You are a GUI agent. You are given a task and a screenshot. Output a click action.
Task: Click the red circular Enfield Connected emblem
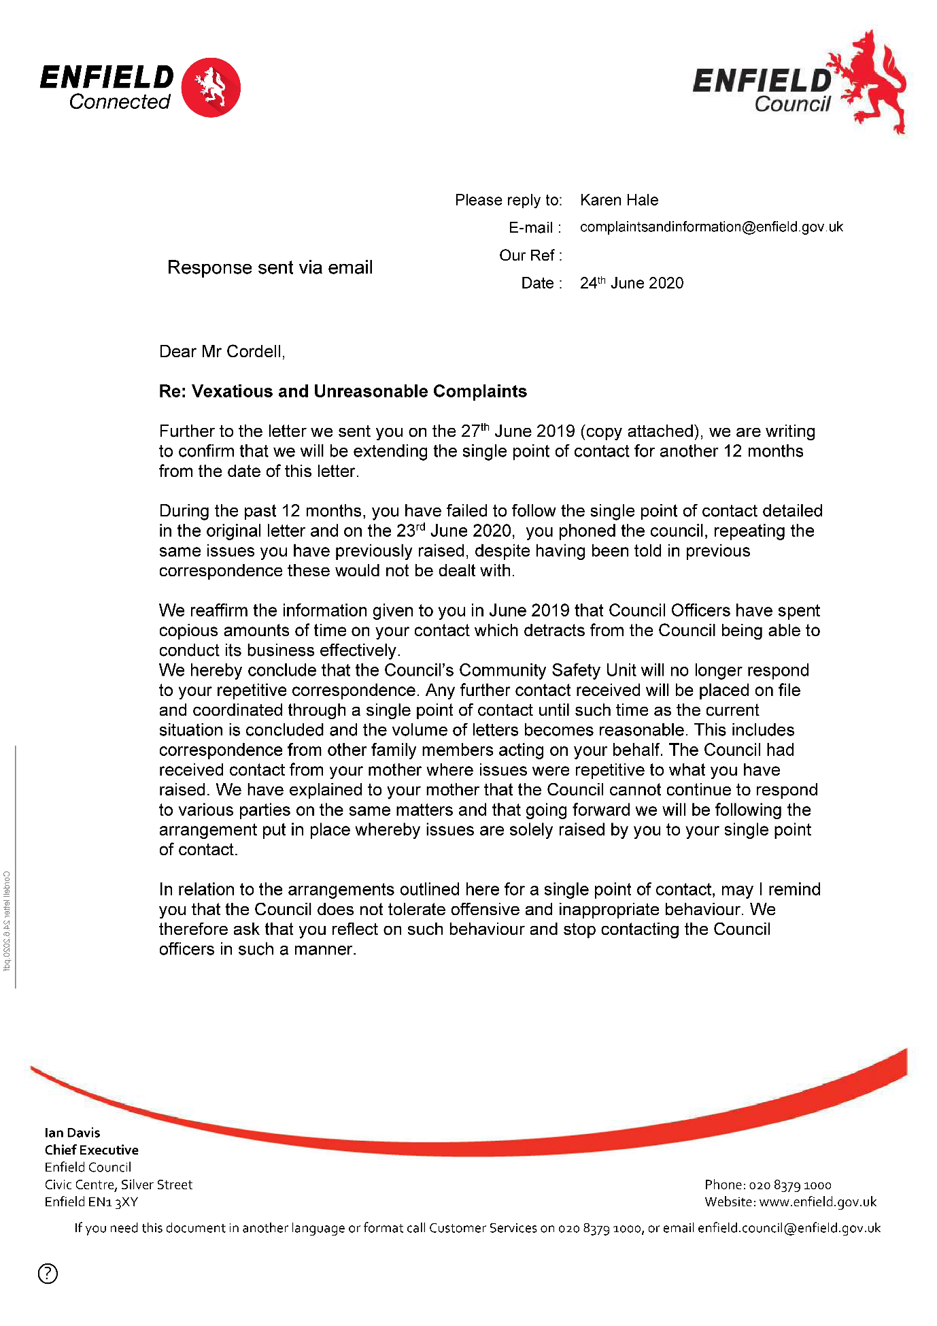pyautogui.click(x=211, y=87)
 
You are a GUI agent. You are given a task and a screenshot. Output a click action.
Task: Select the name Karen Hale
pyautogui.click(x=619, y=200)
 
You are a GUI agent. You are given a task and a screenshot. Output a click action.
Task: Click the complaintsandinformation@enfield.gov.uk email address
pyautogui.click(x=711, y=227)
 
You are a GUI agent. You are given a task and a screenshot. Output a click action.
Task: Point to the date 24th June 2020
pyautogui.click(x=632, y=283)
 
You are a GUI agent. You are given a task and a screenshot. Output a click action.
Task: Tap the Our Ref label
pyautogui.click(x=530, y=255)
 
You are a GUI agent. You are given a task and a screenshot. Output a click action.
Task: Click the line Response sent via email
pyautogui.click(x=270, y=267)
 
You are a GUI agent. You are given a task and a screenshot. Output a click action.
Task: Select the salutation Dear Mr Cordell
pyautogui.click(x=222, y=352)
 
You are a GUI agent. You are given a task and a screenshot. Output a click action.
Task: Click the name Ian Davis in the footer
pyautogui.click(x=72, y=1133)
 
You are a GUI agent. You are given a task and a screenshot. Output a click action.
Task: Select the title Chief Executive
pyautogui.click(x=92, y=1150)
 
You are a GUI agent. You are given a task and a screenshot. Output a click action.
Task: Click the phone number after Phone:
pyautogui.click(x=790, y=1185)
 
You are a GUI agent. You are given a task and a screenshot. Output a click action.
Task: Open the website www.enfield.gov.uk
pyautogui.click(x=818, y=1202)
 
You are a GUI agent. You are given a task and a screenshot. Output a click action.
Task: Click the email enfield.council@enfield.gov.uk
pyautogui.click(x=789, y=1228)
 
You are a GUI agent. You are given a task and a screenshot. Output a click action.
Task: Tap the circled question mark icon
pyautogui.click(x=48, y=1273)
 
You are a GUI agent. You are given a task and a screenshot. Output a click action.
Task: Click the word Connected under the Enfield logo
pyautogui.click(x=120, y=102)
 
